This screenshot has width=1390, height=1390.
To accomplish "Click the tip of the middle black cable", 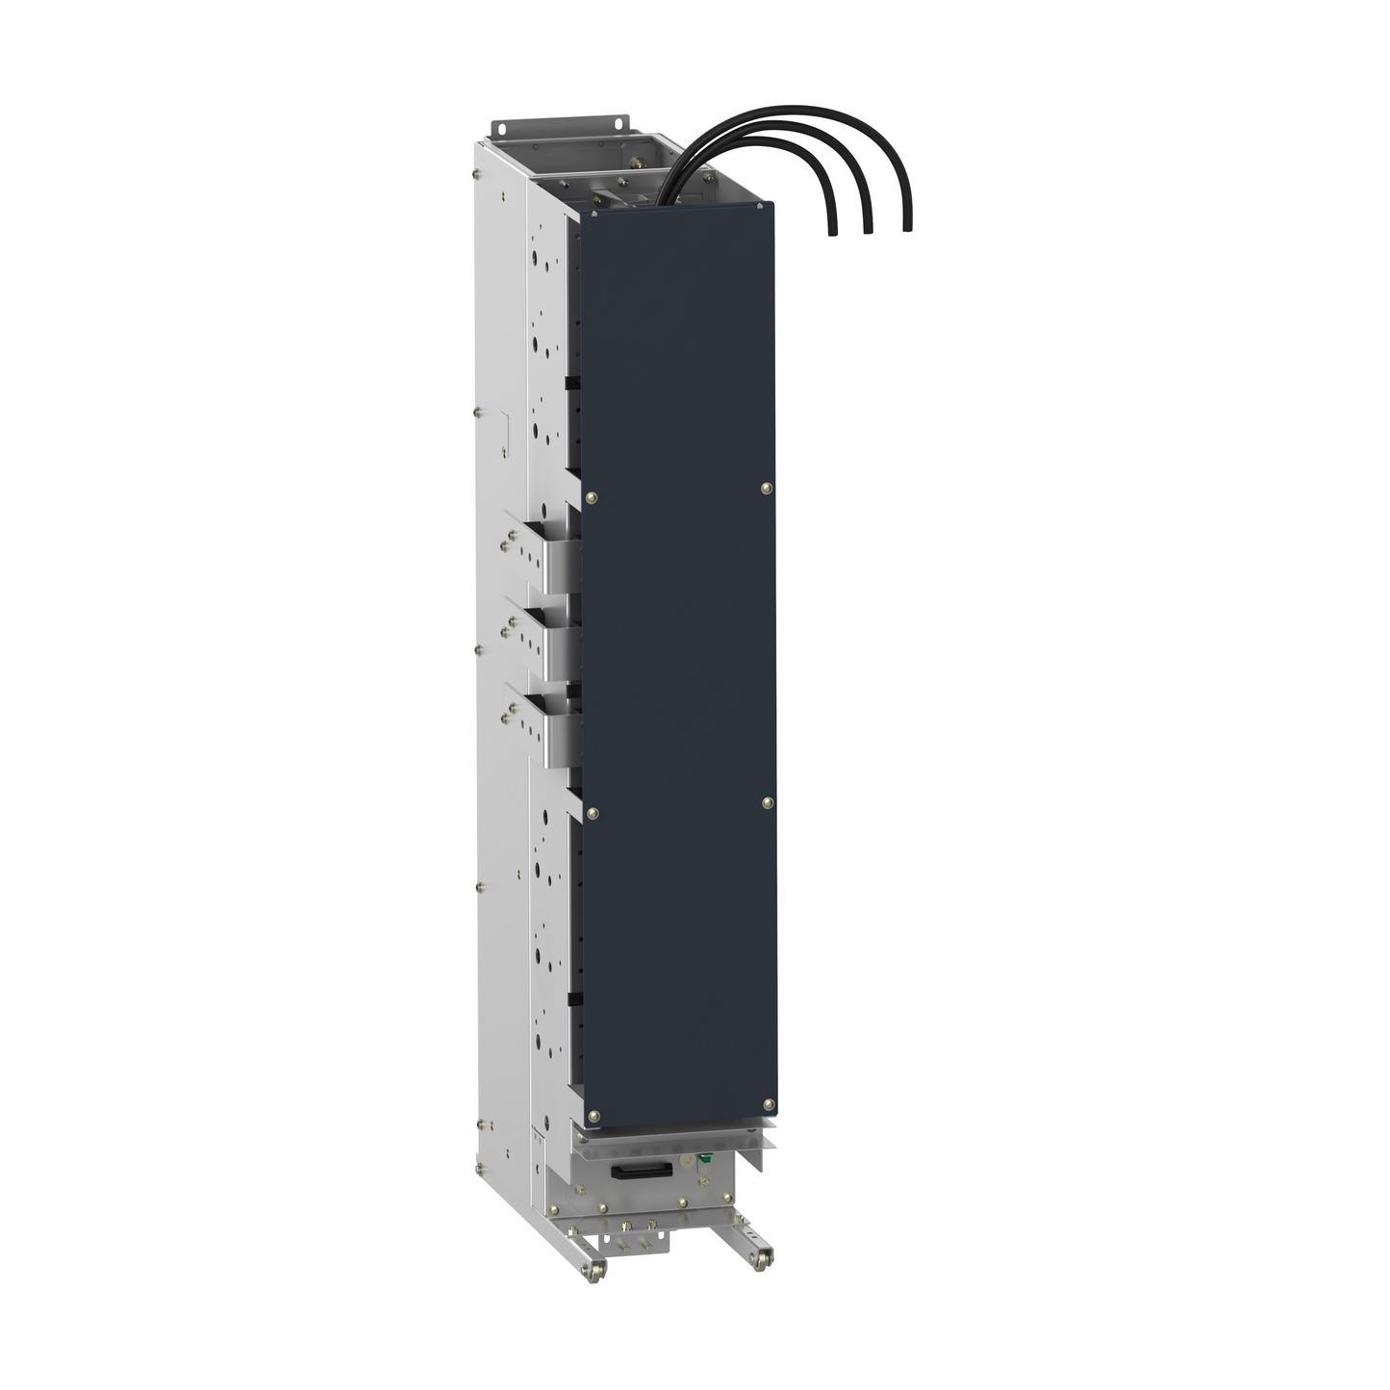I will [x=868, y=230].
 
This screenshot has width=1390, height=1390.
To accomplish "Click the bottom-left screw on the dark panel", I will [x=594, y=1116].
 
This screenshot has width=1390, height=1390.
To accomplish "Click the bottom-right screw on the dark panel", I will [x=768, y=1103].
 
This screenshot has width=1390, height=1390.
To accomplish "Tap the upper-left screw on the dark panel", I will [x=591, y=497].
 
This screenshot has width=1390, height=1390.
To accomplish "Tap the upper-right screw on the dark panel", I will [x=765, y=488].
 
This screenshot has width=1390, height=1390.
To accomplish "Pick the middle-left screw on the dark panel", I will [x=593, y=814].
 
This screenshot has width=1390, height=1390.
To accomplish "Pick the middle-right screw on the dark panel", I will [x=767, y=802].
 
